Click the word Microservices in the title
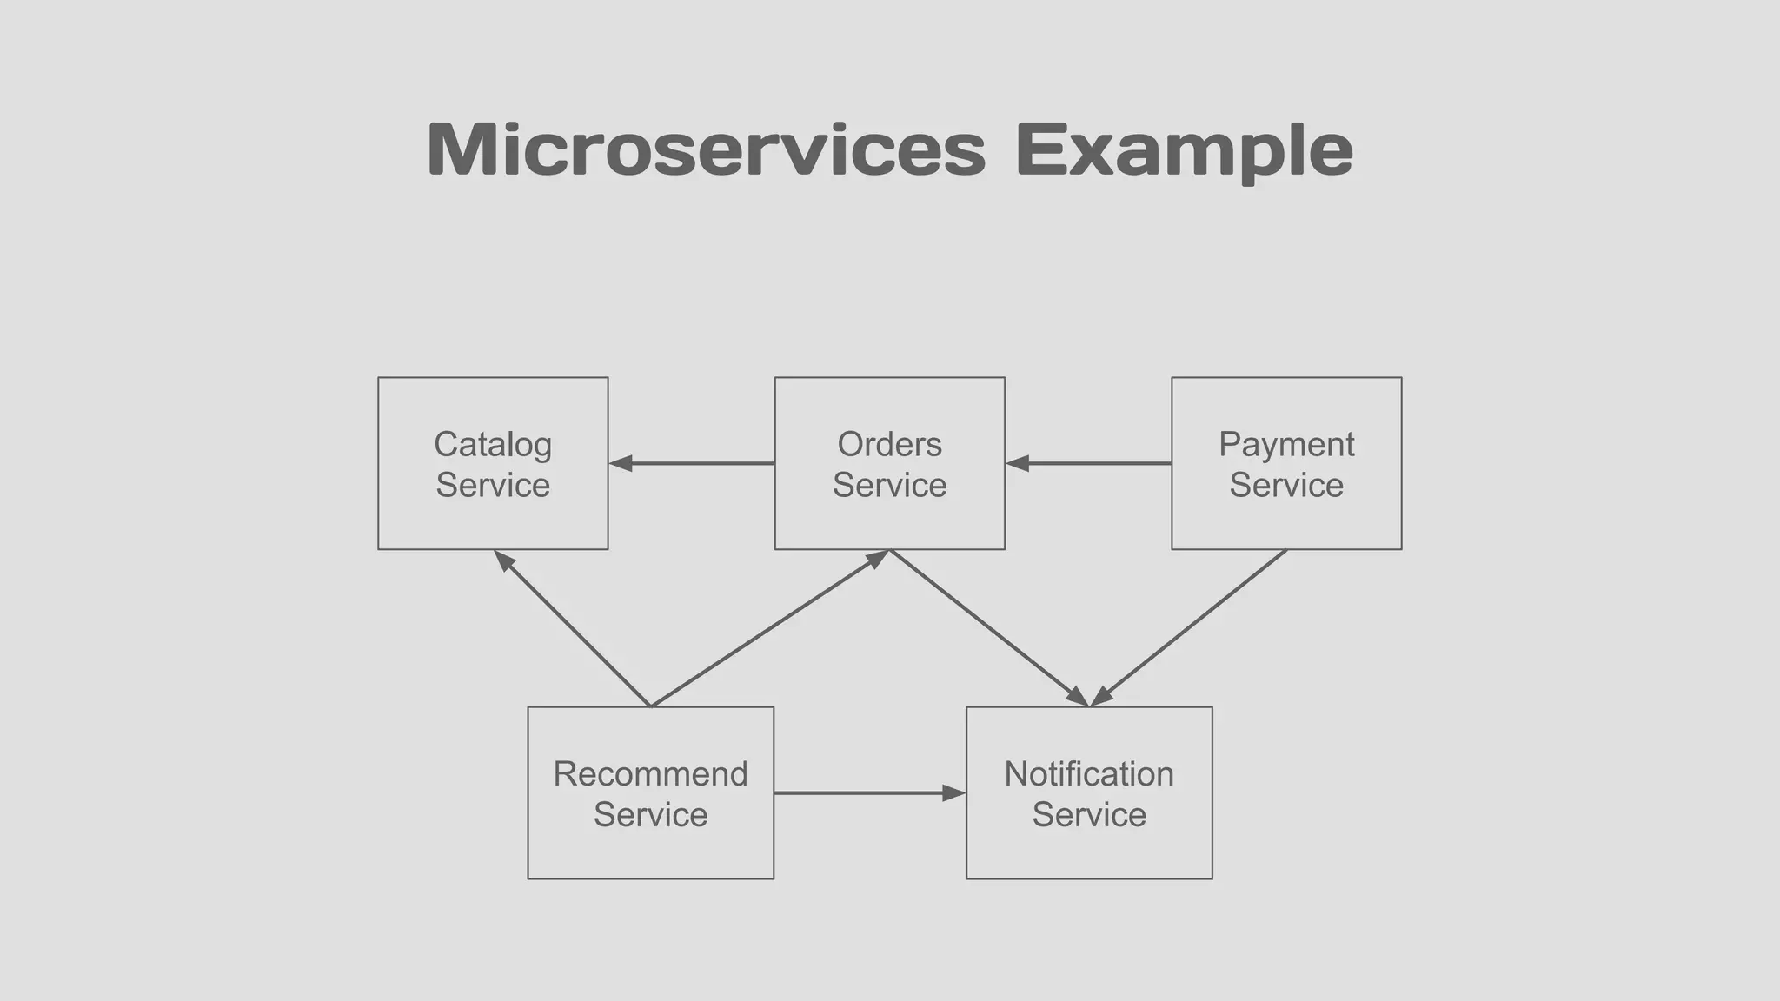click(x=706, y=149)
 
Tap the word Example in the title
click(x=1184, y=149)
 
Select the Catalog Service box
click(x=493, y=521)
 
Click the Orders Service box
click(x=889, y=521)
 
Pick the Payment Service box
click(x=1286, y=521)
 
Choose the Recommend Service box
click(x=650, y=852)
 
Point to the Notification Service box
click(x=1089, y=852)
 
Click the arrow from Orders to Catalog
click(x=695, y=463)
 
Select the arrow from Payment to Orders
click(x=1092, y=463)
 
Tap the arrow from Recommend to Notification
click(x=869, y=792)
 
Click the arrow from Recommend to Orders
click(x=770, y=628)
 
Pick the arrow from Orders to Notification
click(x=989, y=628)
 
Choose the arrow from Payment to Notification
click(x=1188, y=628)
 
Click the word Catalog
click(x=493, y=444)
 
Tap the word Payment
click(x=1286, y=444)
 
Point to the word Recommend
click(x=650, y=773)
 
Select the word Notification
click(x=1089, y=773)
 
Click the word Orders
click(x=889, y=444)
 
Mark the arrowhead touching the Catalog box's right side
click(x=621, y=463)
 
